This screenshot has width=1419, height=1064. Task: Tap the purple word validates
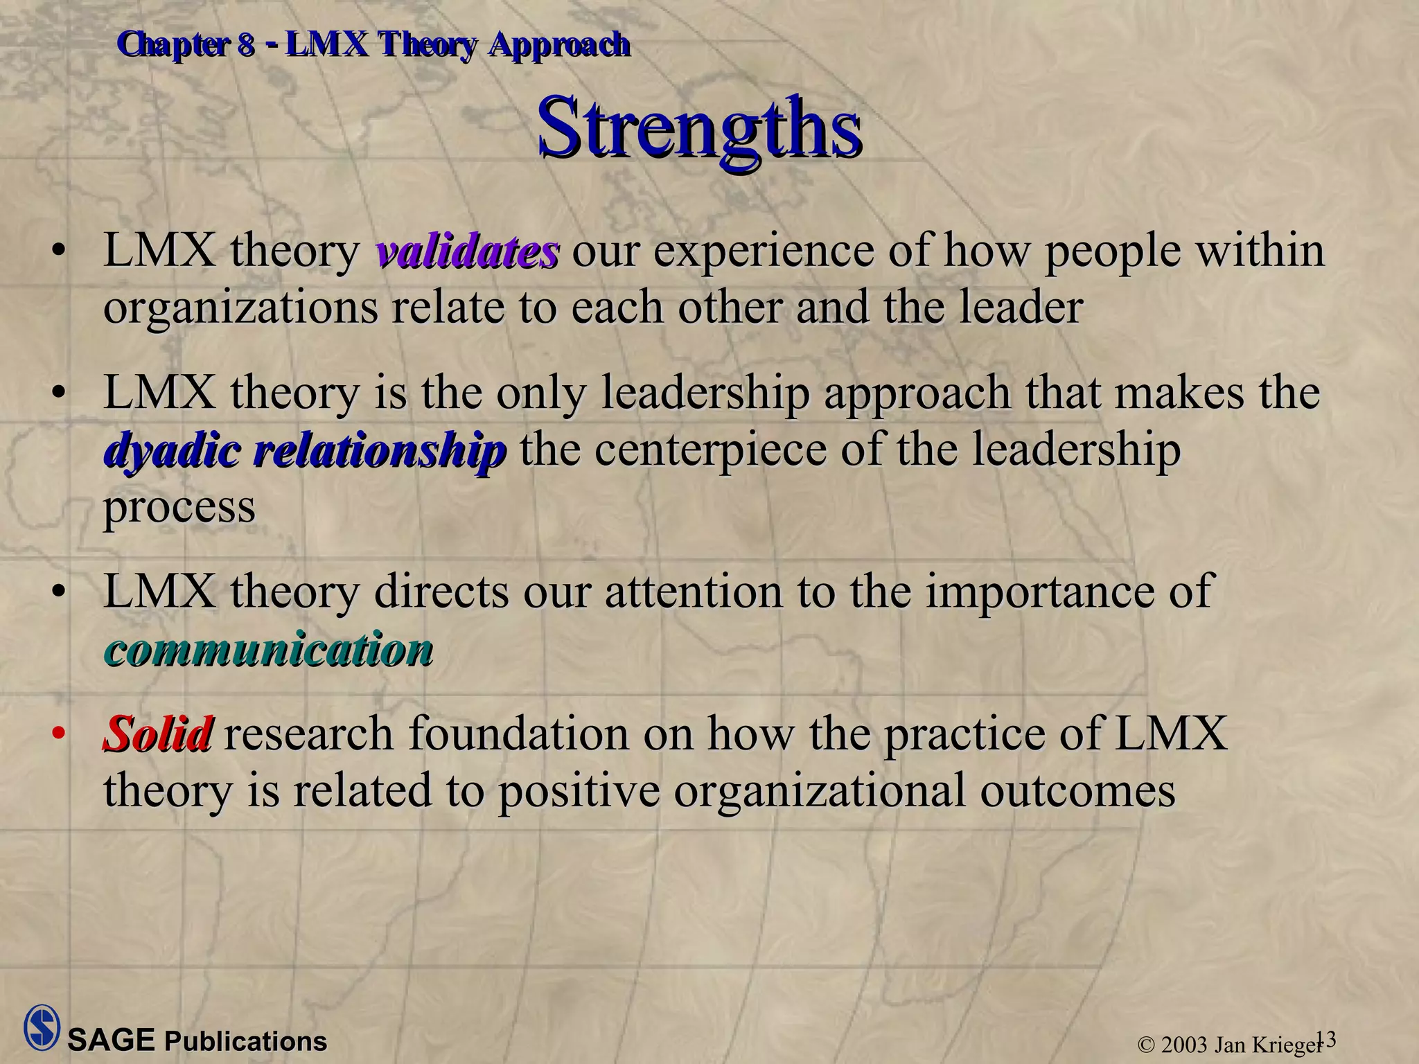(467, 251)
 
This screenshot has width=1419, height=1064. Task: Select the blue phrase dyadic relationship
(305, 450)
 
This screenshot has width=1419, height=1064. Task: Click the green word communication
(269, 650)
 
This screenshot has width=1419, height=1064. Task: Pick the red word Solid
(158, 734)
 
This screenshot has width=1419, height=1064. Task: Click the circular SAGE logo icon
(42, 1027)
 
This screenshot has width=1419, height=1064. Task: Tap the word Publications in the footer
(245, 1042)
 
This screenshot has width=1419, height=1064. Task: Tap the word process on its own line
(179, 507)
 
